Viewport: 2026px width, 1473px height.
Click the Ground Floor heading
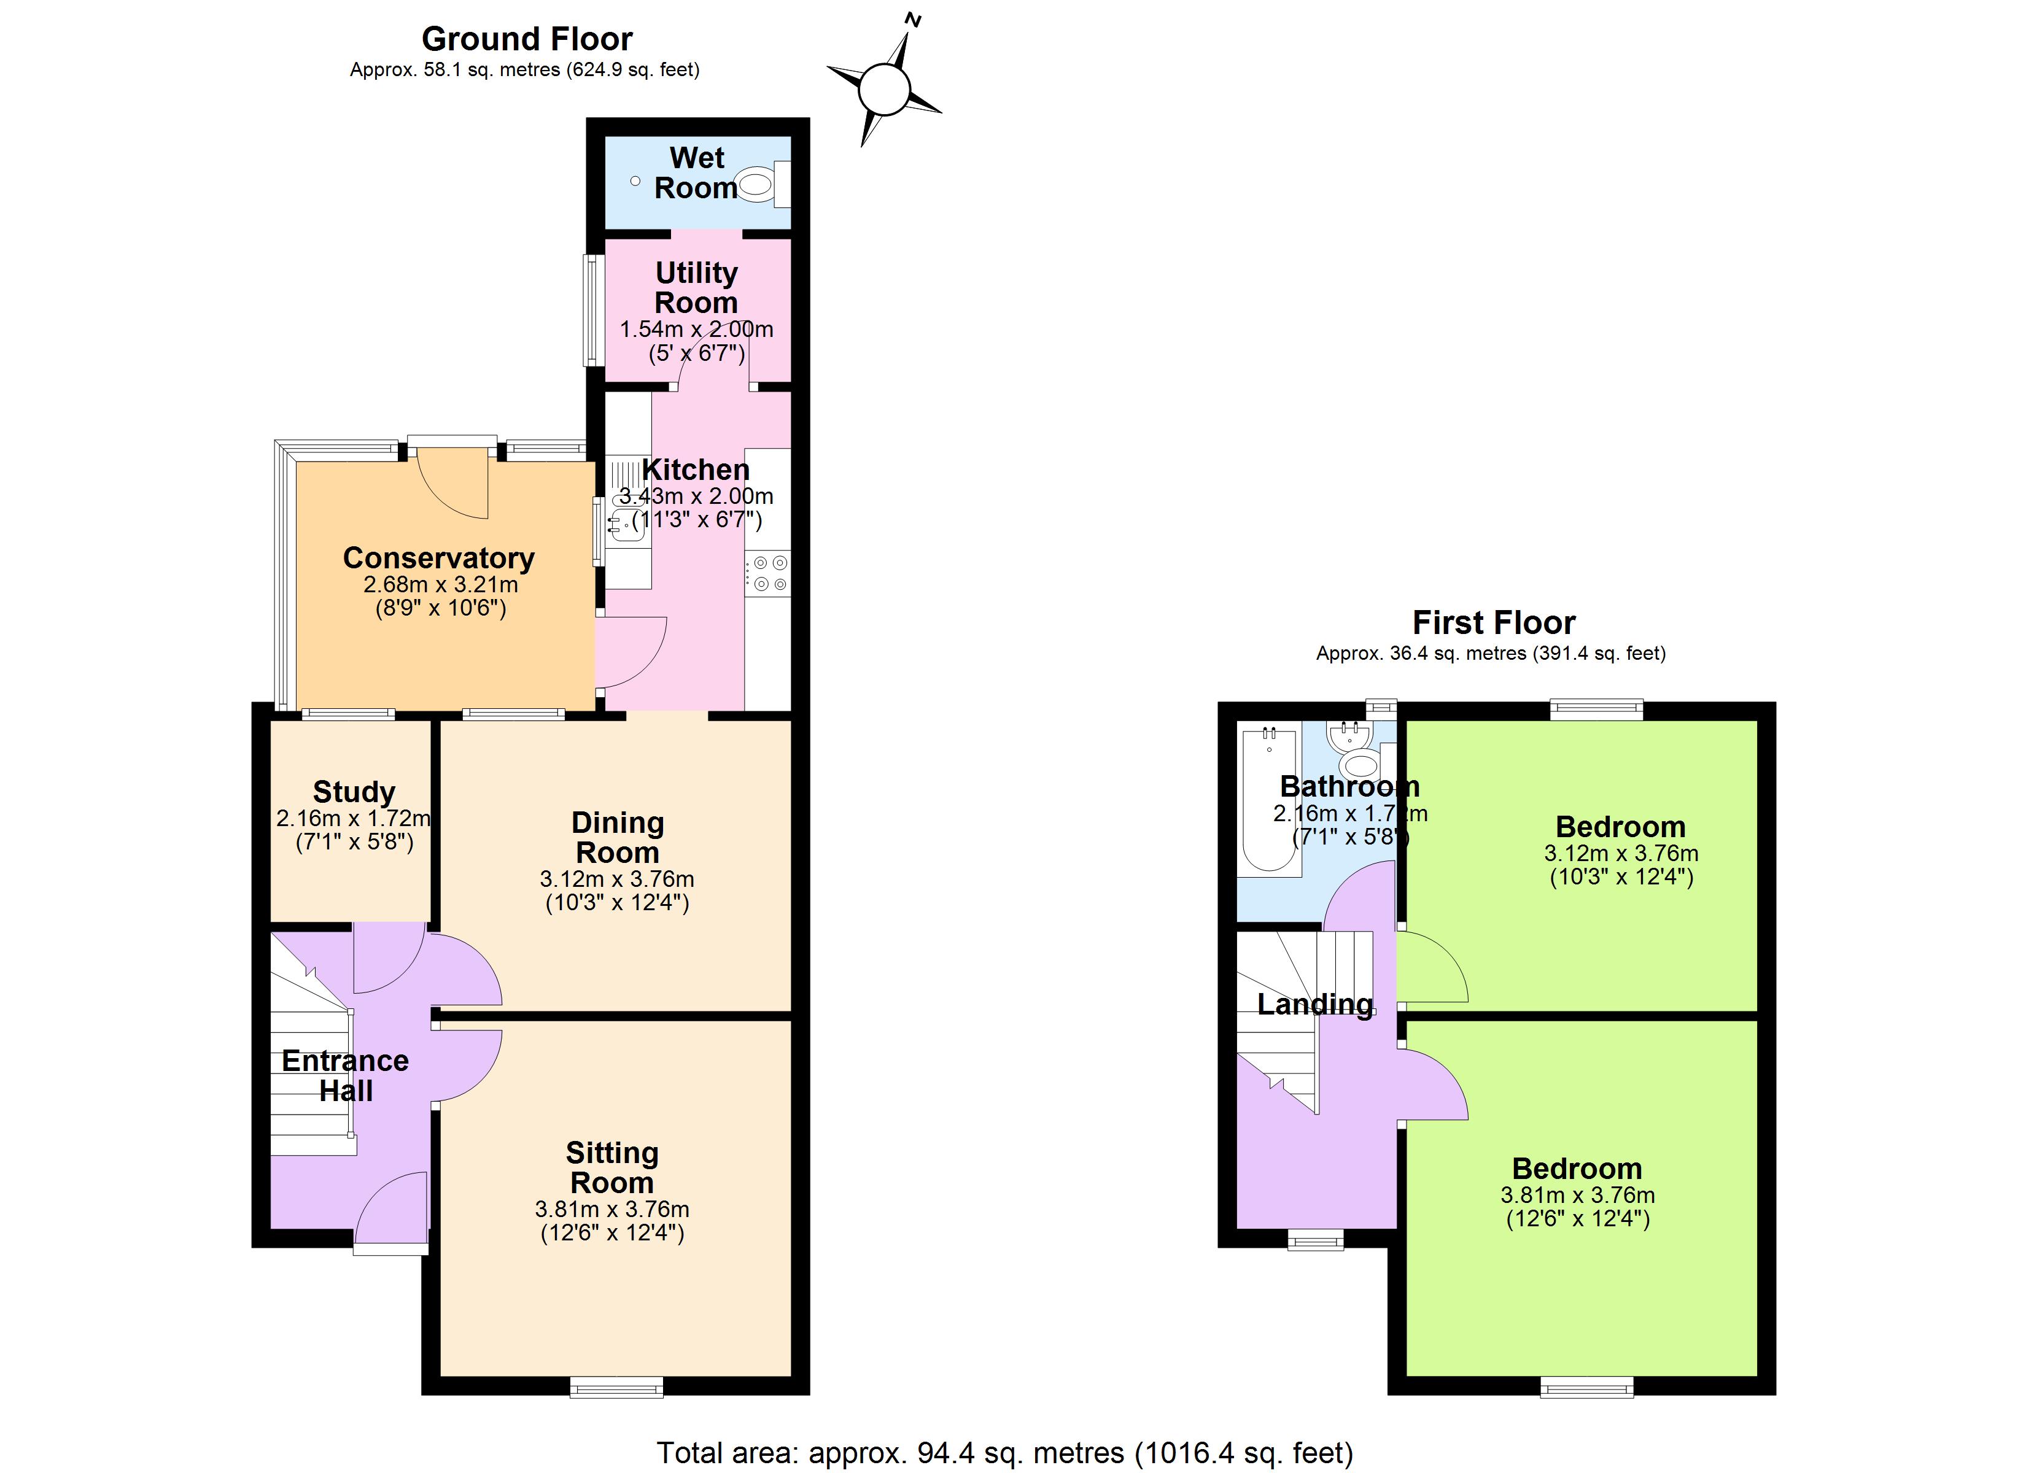[527, 39]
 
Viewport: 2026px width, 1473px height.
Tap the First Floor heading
[1494, 622]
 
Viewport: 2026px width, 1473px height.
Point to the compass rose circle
[884, 90]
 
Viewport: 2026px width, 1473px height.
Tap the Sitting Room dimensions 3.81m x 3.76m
[612, 1210]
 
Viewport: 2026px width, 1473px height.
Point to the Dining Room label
[617, 837]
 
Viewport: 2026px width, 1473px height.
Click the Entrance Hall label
[346, 1075]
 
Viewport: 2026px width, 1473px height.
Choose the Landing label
[1315, 1005]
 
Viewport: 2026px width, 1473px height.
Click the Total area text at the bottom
[1005, 1453]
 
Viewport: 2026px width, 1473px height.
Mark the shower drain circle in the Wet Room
[635, 181]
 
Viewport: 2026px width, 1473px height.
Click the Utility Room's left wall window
[593, 311]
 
